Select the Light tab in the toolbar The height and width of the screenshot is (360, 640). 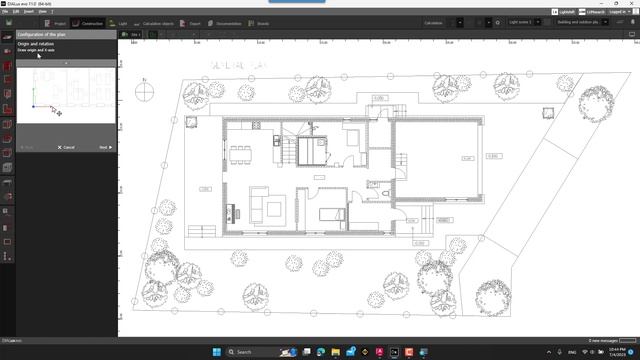[120, 22]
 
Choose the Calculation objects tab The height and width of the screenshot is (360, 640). [157, 22]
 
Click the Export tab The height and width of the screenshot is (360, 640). [194, 22]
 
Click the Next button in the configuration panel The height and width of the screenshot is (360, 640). [104, 147]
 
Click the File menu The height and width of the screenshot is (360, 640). [5, 11]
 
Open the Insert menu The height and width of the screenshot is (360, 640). [28, 11]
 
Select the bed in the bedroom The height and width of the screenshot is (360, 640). [331, 213]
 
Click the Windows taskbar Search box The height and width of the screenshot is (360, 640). [254, 352]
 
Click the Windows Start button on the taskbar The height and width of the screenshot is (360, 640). [213, 352]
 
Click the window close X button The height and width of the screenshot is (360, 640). [632, 3]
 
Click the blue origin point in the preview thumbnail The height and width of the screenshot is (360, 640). [33, 107]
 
